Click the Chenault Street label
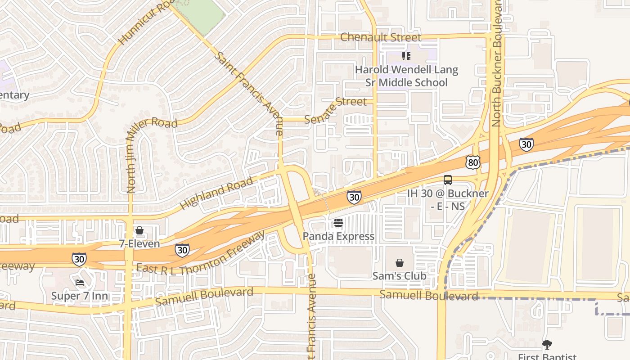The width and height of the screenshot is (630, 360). [381, 37]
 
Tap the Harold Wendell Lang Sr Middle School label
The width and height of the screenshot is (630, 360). [406, 76]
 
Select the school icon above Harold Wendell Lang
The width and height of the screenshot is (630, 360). [406, 56]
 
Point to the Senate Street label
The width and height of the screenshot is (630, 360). [335, 110]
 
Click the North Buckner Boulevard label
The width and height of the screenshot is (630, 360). [496, 63]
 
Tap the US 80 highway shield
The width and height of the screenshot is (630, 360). [473, 162]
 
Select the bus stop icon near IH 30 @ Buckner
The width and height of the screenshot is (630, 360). [448, 180]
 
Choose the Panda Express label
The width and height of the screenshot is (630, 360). [338, 236]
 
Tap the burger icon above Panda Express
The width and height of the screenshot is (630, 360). [338, 223]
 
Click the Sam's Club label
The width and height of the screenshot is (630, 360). [399, 275]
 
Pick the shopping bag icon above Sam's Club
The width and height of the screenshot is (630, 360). [399, 263]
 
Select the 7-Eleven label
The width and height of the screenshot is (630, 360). [139, 243]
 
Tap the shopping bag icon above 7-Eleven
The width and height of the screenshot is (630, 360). [139, 230]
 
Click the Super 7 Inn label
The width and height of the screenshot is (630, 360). [80, 296]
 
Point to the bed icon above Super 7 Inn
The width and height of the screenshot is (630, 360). [80, 283]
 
